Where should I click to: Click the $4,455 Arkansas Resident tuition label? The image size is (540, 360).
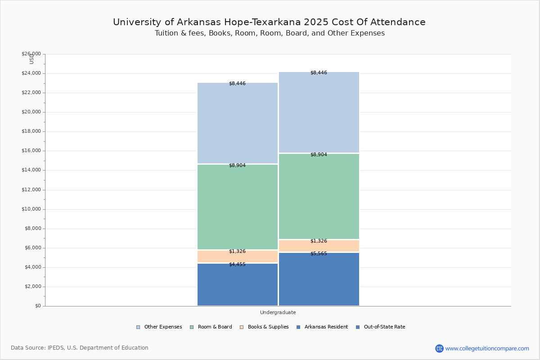click(237, 265)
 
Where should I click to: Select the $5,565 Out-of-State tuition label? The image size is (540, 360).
click(319, 254)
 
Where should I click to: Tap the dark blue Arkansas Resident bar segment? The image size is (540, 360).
click(238, 286)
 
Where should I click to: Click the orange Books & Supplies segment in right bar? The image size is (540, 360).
click(319, 246)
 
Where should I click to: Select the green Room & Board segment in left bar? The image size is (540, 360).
click(238, 207)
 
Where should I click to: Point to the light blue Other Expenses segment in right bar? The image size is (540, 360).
click(319, 112)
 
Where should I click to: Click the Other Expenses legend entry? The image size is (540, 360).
click(159, 327)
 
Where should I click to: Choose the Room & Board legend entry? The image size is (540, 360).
click(211, 327)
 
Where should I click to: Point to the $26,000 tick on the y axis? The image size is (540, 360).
click(31, 54)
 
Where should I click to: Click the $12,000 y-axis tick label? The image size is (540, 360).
click(31, 190)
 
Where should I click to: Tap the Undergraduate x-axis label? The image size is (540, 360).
click(278, 312)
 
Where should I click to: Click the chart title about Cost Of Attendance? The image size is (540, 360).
click(269, 22)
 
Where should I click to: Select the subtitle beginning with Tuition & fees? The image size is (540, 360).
click(270, 33)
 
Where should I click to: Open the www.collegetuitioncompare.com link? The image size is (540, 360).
click(487, 348)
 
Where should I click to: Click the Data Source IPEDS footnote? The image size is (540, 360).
click(80, 348)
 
